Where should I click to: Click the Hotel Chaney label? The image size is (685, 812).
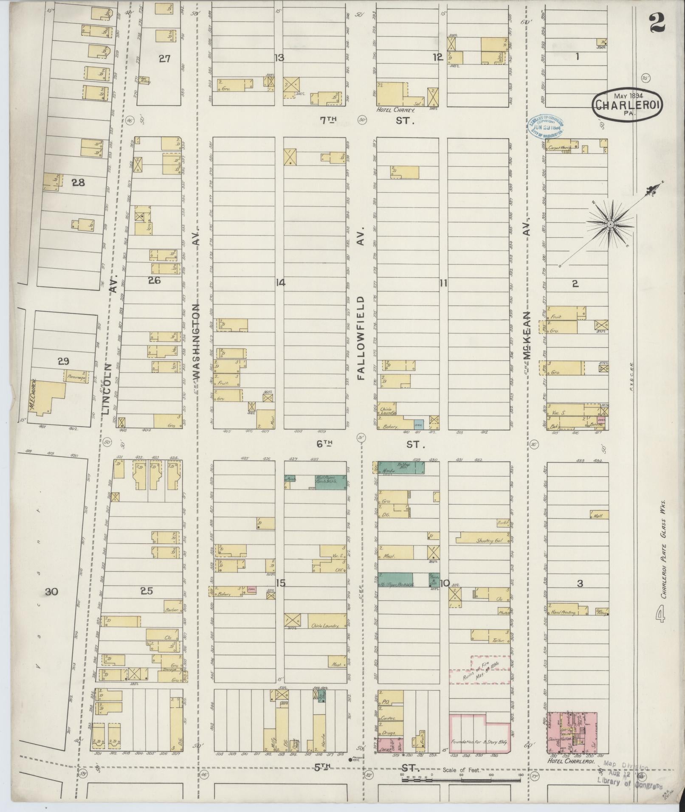click(395, 110)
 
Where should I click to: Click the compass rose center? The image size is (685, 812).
click(610, 224)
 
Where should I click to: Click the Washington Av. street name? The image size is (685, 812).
click(196, 340)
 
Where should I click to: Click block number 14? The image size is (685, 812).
click(280, 283)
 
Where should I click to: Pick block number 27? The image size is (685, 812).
click(164, 59)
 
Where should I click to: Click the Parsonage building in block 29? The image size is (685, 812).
click(77, 376)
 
